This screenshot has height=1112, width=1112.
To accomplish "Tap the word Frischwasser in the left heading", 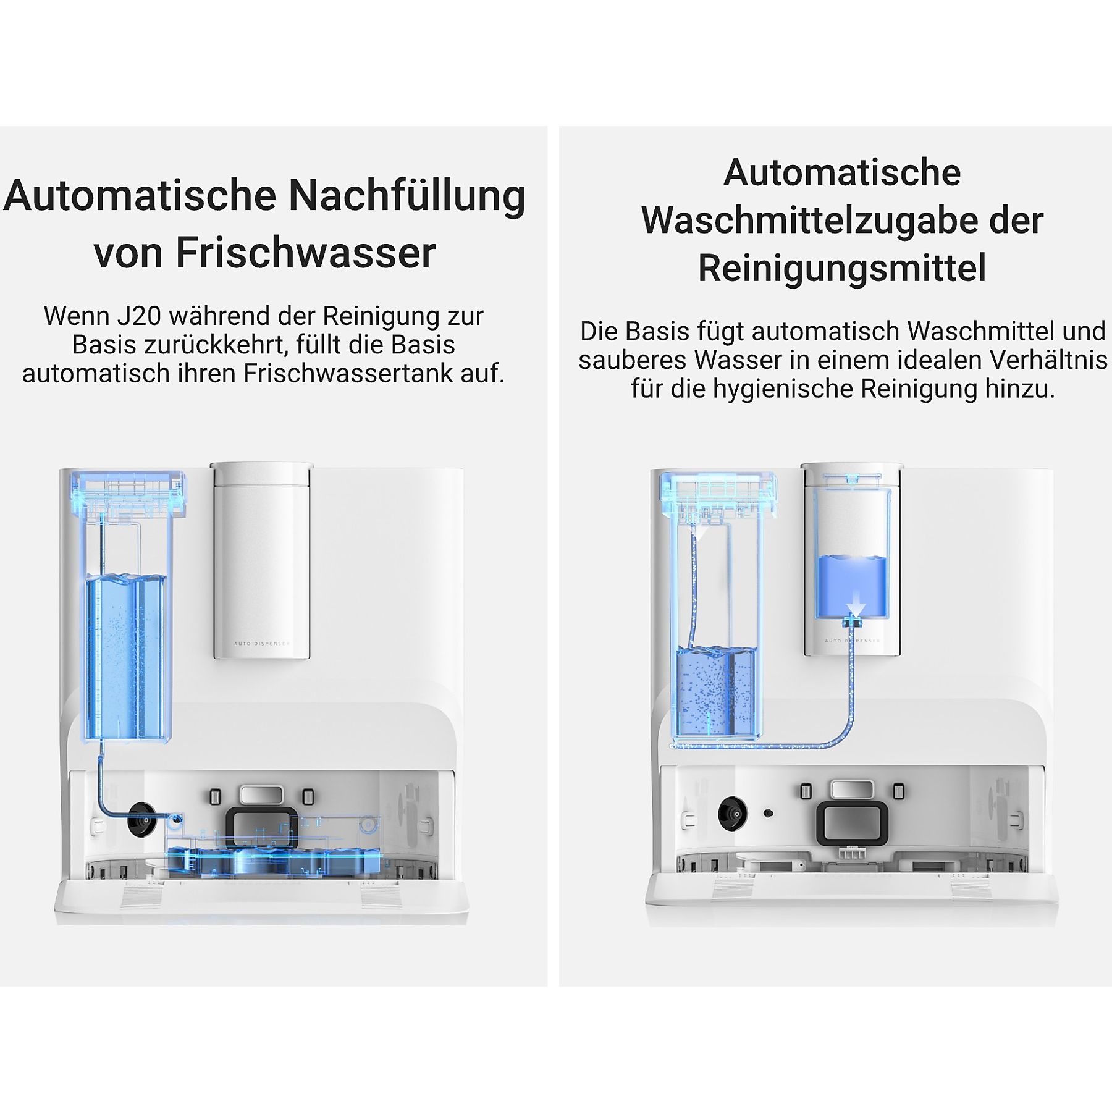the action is coord(306,253).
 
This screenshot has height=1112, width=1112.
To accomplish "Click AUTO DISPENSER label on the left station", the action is coord(261,644).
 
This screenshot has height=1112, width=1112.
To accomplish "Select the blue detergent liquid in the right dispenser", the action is coord(851,586).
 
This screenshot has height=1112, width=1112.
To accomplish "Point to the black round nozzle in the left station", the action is coord(141,820).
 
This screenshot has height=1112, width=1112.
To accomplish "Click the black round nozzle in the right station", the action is coord(733,813).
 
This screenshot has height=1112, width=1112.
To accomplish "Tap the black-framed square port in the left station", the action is coord(261,827).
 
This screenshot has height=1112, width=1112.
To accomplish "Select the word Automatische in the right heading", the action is coord(842,172).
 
